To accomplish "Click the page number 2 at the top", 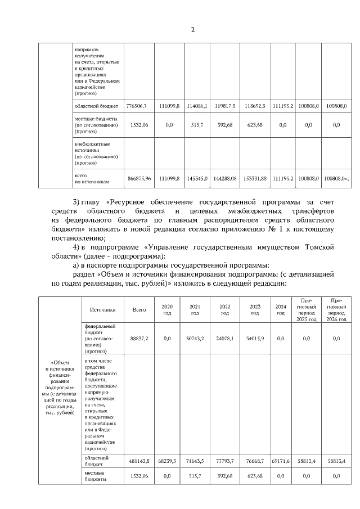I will coord(192,29).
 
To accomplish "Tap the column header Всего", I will coord(139,309).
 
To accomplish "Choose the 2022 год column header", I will coord(224,309).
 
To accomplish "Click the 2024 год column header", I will coord(280,309).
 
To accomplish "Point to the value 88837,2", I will coord(139,339).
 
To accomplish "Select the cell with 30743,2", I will coord(195,339).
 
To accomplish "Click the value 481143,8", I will coord(139,461).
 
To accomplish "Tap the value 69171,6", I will coord(280,461).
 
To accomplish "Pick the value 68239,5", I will coord(166,461).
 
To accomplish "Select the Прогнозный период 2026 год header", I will coord(336,309).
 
